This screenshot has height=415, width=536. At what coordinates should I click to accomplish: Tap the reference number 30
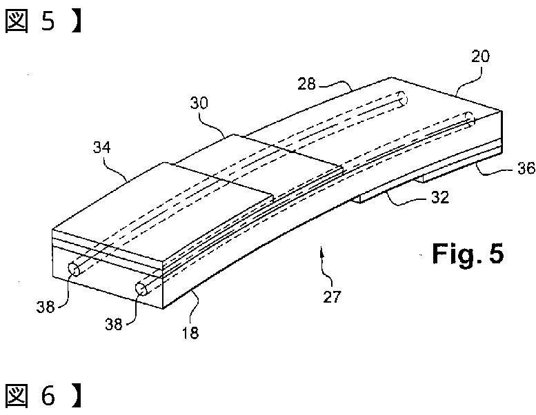pyautogui.click(x=200, y=103)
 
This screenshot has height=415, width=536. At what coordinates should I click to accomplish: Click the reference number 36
pyautogui.click(x=525, y=169)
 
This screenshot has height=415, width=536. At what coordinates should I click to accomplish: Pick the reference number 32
pyautogui.click(x=439, y=198)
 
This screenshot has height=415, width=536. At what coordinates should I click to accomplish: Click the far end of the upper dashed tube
pyautogui.click(x=403, y=101)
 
